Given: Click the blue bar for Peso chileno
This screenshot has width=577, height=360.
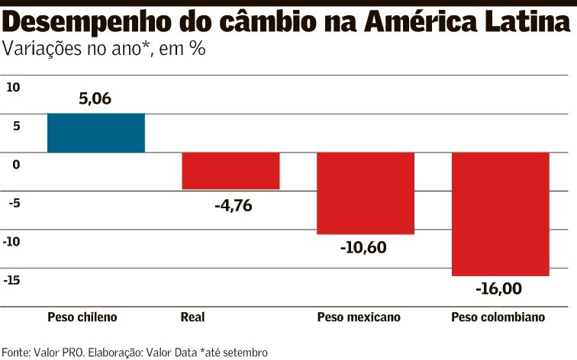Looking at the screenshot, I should tap(95, 133).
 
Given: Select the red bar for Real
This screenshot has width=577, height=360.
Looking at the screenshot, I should tap(230, 171).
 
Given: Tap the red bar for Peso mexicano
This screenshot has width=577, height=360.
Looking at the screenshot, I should tap(366, 193).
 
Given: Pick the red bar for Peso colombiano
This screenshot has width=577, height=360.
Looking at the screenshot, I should tap(500, 214).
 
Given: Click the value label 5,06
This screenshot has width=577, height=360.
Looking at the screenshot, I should tap(95, 98).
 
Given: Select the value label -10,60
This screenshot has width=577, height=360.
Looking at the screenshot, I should tap(366, 249).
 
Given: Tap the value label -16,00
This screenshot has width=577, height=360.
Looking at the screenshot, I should tap(500, 290).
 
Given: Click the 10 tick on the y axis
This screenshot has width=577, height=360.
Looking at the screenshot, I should tap(13, 87).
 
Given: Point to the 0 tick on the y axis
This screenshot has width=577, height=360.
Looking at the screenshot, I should tap(15, 164).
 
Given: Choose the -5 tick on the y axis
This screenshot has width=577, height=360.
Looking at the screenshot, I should tap(13, 203).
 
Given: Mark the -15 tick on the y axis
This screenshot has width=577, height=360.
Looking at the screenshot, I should tap(13, 280).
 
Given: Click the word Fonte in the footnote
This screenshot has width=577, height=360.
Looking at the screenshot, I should tap(16, 352).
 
